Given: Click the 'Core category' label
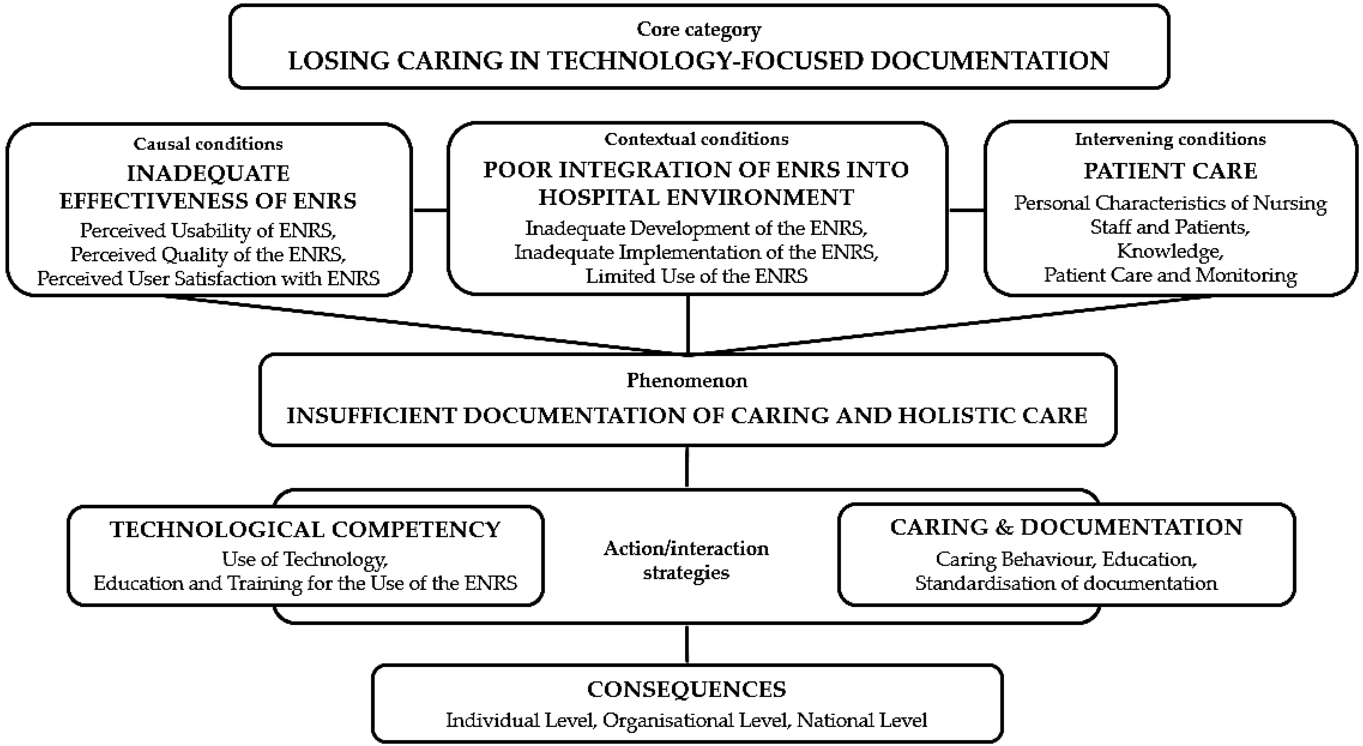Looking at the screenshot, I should coord(699,30).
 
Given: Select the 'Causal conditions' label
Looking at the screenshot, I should coord(208,144).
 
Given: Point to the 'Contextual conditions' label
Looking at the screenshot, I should coord(696,139).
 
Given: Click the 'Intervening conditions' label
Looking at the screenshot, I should coord(1170,139).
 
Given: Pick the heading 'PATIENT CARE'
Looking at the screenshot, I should coord(1170,171).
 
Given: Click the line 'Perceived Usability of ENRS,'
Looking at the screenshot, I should coord(208,230).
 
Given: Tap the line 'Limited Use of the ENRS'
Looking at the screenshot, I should coord(696,276).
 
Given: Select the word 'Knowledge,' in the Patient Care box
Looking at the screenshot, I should coord(1170,251).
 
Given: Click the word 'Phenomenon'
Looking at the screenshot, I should coord(687,381).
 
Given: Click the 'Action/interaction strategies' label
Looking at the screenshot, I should coord(686,560).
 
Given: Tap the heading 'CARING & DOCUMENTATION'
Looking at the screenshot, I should coord(1066,527).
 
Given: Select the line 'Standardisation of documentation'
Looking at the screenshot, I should coord(1066,583).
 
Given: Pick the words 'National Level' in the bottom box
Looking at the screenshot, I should coord(862,720).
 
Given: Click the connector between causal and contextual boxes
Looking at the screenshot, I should coord(430,210).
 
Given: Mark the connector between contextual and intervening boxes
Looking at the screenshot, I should coord(966,210).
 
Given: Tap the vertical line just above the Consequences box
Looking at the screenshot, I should coord(687,644).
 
